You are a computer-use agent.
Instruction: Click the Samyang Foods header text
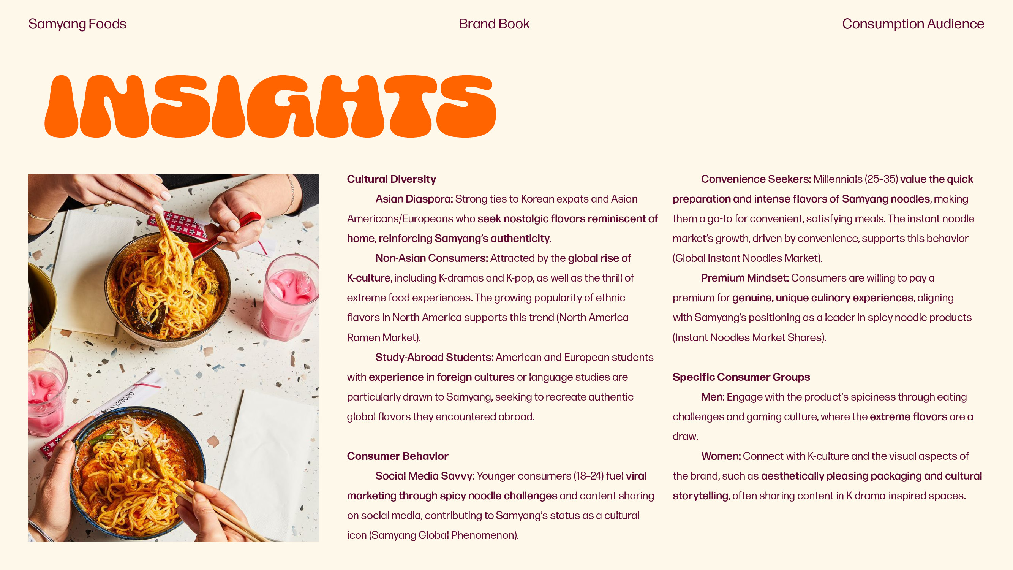click(77, 24)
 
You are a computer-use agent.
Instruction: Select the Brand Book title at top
click(494, 24)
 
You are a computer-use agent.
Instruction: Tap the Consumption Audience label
click(913, 24)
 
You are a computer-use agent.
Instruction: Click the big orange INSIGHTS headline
click(270, 106)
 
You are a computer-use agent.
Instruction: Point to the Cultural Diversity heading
click(391, 179)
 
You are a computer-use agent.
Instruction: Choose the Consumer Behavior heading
click(398, 456)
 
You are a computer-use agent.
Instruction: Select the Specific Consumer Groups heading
click(741, 377)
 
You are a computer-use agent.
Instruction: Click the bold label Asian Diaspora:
click(414, 199)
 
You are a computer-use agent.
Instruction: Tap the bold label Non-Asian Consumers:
click(431, 258)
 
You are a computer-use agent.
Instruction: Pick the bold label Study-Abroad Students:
click(434, 358)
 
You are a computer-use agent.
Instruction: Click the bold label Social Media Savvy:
click(425, 476)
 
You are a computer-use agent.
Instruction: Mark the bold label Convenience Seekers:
click(756, 179)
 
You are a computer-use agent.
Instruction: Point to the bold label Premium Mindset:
click(745, 278)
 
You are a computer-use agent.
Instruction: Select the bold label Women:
click(721, 456)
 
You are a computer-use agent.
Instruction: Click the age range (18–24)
click(588, 476)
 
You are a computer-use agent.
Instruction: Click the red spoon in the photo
click(236, 228)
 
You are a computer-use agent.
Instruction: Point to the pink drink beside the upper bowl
click(289, 299)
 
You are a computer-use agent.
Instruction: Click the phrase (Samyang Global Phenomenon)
click(444, 535)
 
